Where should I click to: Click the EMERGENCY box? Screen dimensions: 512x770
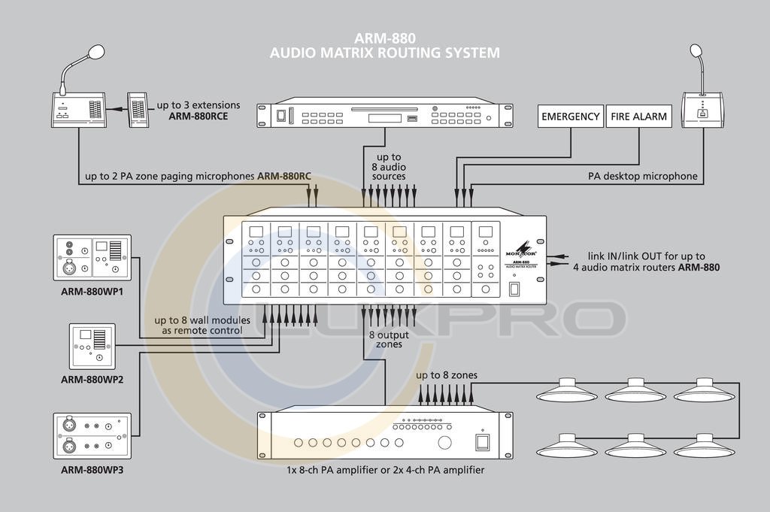point(571,117)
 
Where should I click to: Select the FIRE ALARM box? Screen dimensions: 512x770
point(638,117)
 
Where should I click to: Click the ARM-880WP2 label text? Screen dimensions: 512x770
point(92,379)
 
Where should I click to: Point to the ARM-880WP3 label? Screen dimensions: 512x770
point(92,471)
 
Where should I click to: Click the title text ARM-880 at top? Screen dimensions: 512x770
point(384,38)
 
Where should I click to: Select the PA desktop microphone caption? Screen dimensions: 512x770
point(643,177)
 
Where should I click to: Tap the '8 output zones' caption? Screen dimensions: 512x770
point(385,339)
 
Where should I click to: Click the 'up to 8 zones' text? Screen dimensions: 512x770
point(447,374)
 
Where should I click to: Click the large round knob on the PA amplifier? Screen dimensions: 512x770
point(445,442)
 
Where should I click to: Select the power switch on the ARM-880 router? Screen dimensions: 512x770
point(514,289)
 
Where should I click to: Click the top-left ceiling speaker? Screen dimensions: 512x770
point(565,389)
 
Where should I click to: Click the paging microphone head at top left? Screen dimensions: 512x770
point(95,52)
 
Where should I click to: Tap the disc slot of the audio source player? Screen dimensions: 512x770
point(383,110)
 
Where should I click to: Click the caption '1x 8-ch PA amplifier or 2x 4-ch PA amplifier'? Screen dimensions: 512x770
point(385,469)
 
